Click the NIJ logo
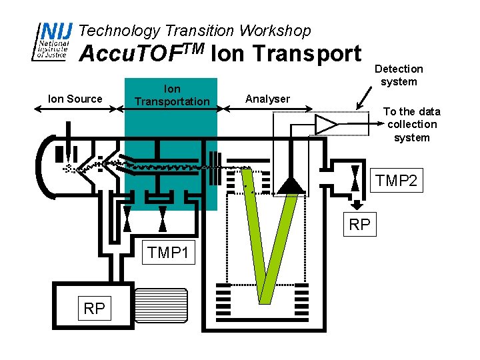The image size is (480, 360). pos(52,41)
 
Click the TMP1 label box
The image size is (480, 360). pos(169,252)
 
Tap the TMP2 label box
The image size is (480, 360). pos(397,180)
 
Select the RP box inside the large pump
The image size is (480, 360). pos(94,308)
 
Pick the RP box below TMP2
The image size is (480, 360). pos(360,224)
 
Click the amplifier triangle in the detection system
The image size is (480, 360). pos(326,125)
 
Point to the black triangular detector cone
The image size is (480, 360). pos(291,185)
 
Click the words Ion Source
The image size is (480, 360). pos(75,99)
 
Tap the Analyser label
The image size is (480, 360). pos(267,99)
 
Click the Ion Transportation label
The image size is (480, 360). pos(172,95)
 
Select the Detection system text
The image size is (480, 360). pos(399,75)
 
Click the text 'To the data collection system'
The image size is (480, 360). pos(412,125)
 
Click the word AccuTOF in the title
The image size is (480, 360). pos(137,53)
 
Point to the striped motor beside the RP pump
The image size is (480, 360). pos(161,305)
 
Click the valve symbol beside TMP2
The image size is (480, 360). pos(355,178)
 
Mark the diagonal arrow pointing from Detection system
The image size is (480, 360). pos(364,98)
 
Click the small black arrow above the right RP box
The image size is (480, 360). pos(356,205)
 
